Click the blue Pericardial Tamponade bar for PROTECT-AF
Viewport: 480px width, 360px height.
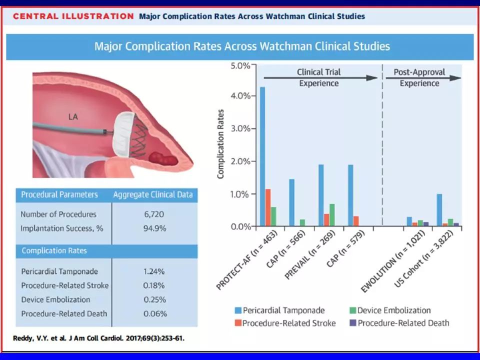(x=262, y=157)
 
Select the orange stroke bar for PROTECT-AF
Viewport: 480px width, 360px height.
(x=268, y=207)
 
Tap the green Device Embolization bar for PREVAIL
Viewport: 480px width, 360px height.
(x=332, y=215)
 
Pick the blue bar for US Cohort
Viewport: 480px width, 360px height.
(x=439, y=210)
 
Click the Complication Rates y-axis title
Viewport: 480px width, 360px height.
(x=220, y=144)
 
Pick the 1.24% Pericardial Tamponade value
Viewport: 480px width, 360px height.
(x=153, y=271)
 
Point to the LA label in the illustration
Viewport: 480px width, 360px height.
(x=73, y=117)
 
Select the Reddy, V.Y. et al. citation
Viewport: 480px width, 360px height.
(x=98, y=338)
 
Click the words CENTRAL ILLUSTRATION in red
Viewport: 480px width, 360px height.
(x=73, y=16)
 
